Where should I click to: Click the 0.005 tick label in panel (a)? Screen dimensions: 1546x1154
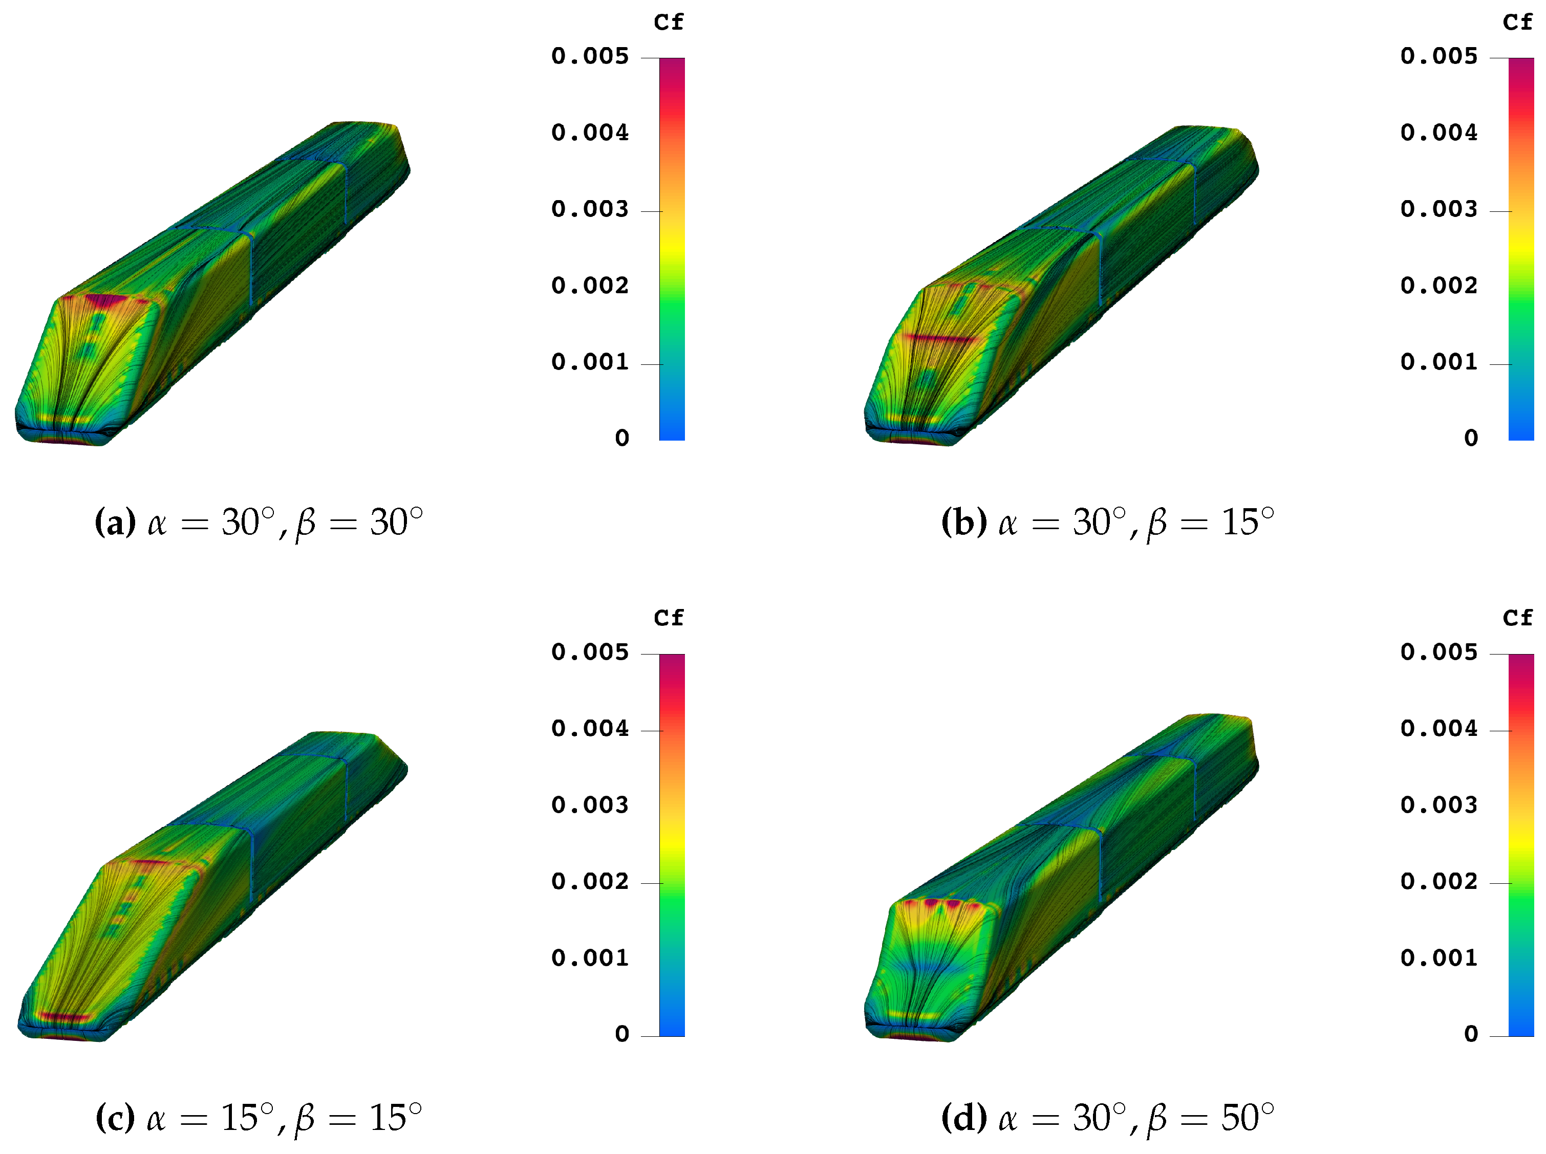tap(590, 56)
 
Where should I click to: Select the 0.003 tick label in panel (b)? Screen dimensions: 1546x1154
tap(1438, 209)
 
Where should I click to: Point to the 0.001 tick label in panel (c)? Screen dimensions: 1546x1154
tap(590, 957)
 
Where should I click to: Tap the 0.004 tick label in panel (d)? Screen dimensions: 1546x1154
tap(1438, 729)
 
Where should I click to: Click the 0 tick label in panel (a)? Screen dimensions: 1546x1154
tap(622, 438)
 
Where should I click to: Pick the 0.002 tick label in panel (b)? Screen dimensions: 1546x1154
tap(1438, 286)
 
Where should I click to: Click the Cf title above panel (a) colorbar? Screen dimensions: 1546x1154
tap(668, 23)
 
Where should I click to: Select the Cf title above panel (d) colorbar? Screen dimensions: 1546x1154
tap(1517, 618)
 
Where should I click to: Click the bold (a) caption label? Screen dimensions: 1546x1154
tap(115, 522)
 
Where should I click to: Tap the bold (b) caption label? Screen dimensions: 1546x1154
tap(964, 522)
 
